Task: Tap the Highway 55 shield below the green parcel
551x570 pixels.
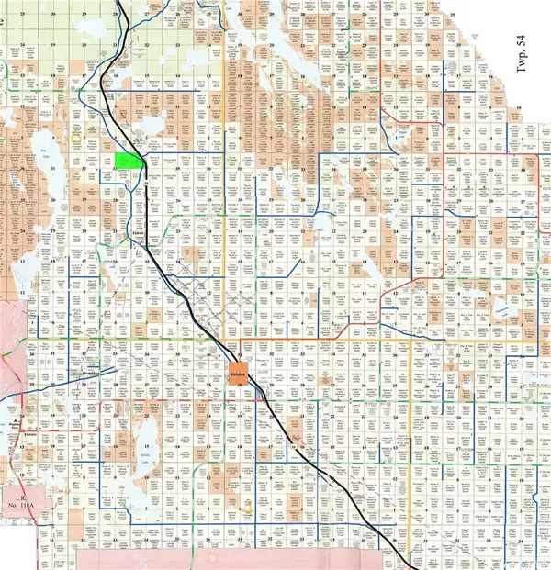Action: (146, 184)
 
